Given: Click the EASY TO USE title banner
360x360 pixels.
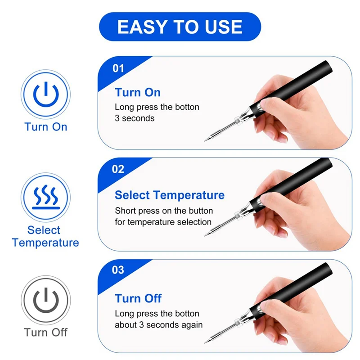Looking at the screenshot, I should coord(180,27).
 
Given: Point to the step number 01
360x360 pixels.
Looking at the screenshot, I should coord(118,68).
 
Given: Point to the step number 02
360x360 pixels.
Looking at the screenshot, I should coord(118,170).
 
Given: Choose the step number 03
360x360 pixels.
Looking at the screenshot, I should coord(118,270).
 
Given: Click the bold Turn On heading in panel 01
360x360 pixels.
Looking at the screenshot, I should coord(138,93).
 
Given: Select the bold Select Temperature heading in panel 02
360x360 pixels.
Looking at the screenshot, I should coord(170,195).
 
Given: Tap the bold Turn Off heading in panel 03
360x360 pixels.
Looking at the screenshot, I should coord(138,298).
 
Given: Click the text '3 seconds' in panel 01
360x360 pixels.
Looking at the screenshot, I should coord(135,118).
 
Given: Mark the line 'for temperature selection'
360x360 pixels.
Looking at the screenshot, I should coord(163,222).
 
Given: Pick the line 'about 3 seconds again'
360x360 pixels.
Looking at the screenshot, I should coord(158,324).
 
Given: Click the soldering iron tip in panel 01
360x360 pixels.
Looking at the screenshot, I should coord(208,138).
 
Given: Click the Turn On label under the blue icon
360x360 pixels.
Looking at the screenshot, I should coord(46,126).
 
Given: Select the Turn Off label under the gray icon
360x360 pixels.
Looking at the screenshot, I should coord(46,333).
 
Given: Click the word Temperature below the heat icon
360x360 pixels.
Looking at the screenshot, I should coord(46,243).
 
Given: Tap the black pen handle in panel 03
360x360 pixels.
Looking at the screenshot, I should coord(306,279).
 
